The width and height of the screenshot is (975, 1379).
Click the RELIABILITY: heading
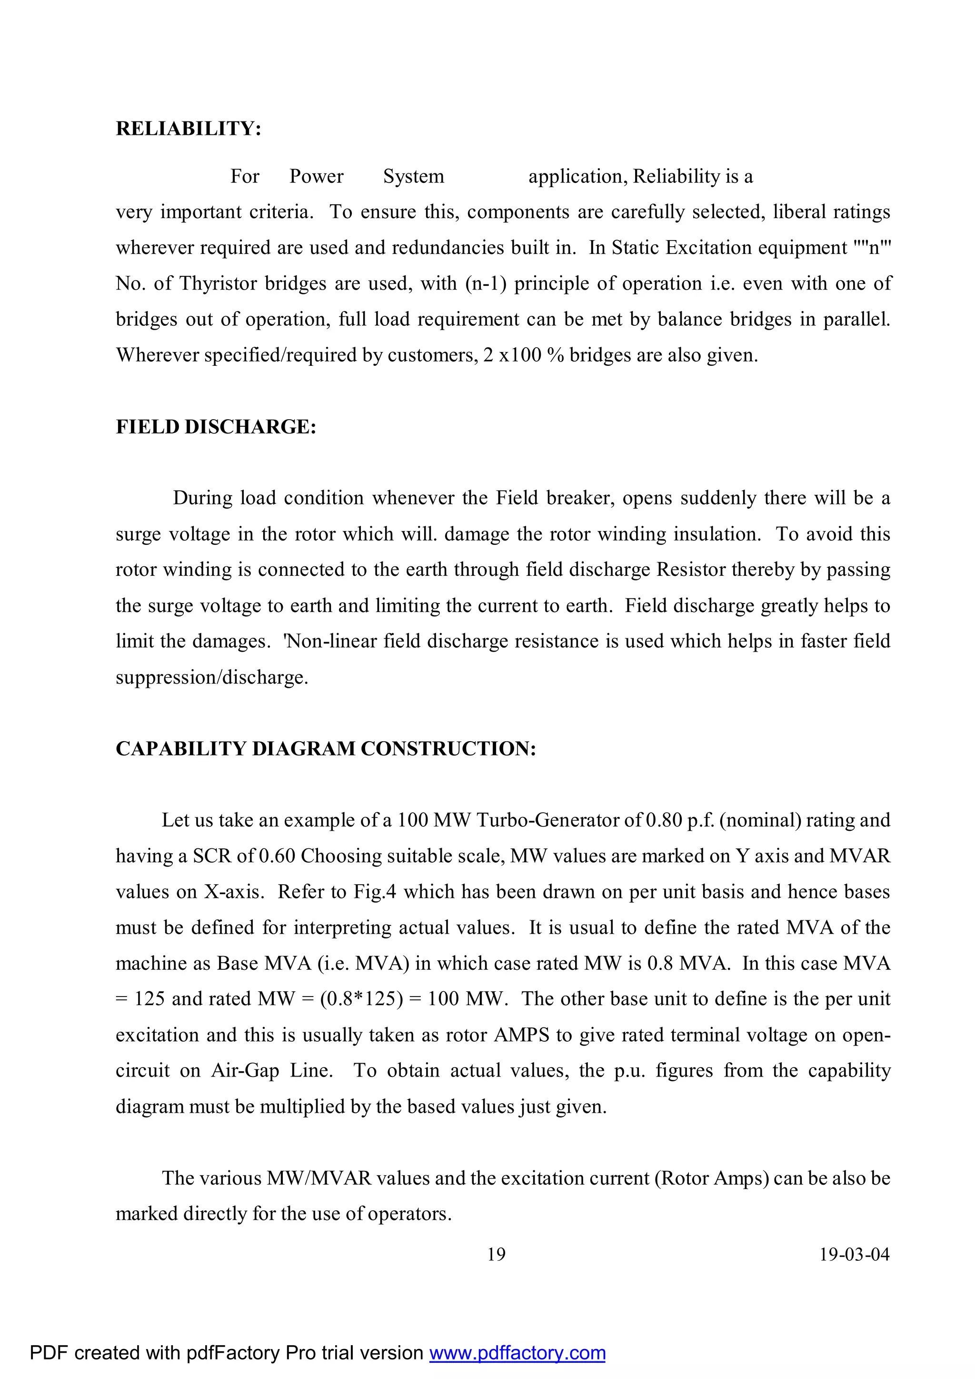coord(188,129)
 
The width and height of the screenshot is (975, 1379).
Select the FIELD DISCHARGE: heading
coord(216,426)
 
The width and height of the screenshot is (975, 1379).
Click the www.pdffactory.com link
coord(517,1353)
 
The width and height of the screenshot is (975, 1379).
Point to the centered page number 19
coord(496,1254)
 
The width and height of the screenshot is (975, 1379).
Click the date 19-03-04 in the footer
coord(855,1254)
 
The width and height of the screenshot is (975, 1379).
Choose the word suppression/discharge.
coord(212,677)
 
